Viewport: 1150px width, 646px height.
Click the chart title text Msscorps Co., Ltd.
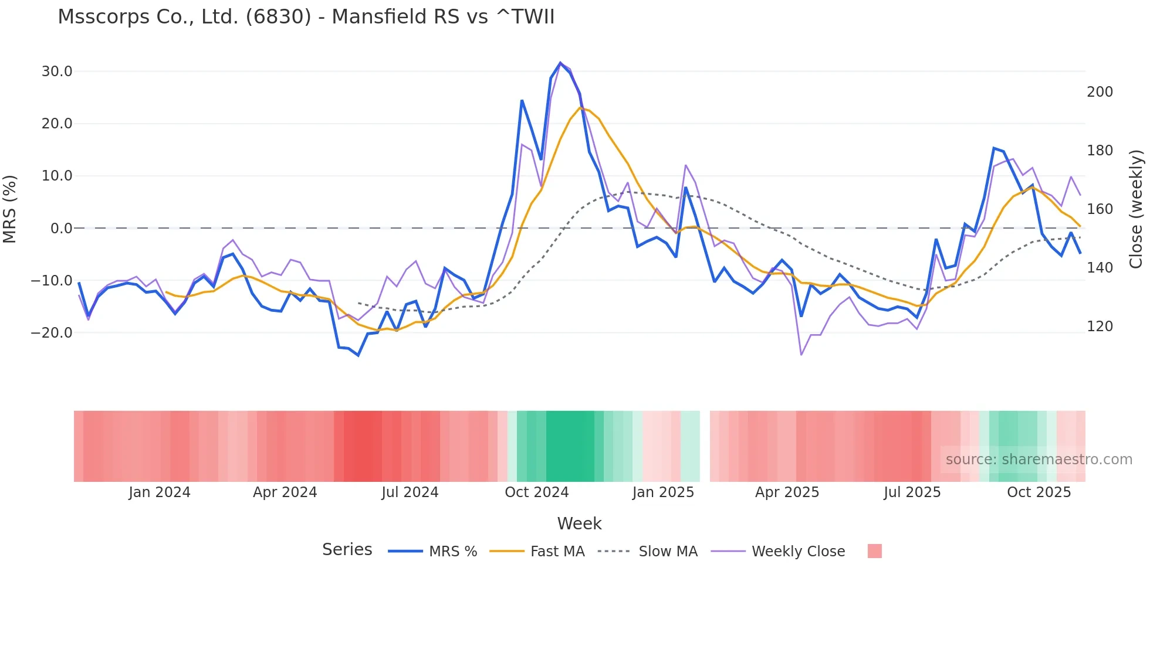[306, 17]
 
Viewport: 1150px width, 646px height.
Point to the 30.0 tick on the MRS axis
[57, 72]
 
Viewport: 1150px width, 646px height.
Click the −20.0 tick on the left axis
[52, 333]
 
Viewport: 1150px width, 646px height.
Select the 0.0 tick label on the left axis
[62, 229]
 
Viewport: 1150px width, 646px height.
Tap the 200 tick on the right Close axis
[1100, 92]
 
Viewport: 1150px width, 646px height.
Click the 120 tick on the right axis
[1100, 327]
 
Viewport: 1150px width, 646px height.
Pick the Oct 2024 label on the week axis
[536, 492]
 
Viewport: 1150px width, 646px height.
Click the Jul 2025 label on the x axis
[912, 492]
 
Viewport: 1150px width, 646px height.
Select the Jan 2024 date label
[160, 492]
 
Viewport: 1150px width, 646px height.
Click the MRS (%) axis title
[10, 209]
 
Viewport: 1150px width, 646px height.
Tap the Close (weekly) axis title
[1137, 209]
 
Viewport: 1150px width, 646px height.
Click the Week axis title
[579, 523]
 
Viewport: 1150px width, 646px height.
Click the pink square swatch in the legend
[874, 551]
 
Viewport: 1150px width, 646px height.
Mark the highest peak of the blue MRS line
[560, 63]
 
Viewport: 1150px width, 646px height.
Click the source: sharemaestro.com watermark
[1039, 460]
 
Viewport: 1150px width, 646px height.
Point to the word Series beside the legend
[347, 550]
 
